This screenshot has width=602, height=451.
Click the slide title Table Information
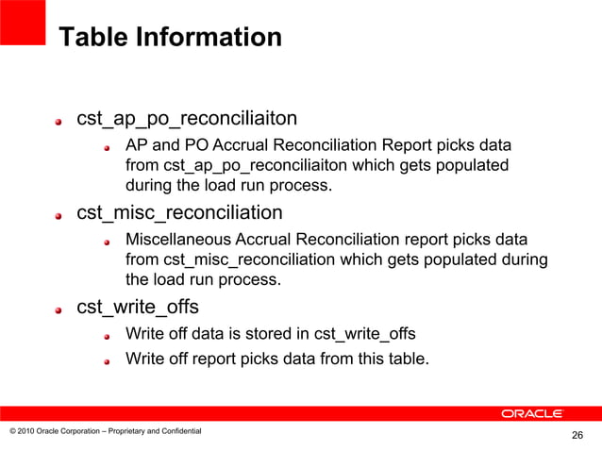pos(170,38)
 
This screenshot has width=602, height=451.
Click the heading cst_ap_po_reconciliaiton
pos(187,119)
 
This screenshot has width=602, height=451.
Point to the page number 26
pos(577,435)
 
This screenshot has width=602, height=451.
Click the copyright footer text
pos(105,431)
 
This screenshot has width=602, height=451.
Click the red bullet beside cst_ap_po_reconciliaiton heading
pos(59,121)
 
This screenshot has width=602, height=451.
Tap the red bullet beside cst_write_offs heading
pos(59,309)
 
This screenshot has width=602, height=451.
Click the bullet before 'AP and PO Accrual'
pos(109,148)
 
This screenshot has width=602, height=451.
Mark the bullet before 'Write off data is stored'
pos(109,335)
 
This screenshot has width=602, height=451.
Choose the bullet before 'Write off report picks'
pos(109,359)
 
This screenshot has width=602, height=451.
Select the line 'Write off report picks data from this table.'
pos(277,358)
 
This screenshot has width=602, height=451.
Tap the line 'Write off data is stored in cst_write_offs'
pos(270,333)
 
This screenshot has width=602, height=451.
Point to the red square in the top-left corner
pos(23,21)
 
